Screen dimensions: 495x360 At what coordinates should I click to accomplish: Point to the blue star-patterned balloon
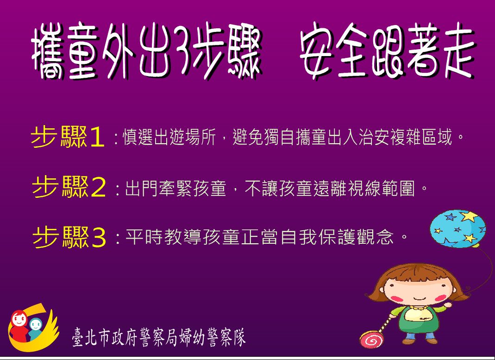[x=458, y=228]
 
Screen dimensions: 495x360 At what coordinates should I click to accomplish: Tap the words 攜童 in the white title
[x=63, y=51]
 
